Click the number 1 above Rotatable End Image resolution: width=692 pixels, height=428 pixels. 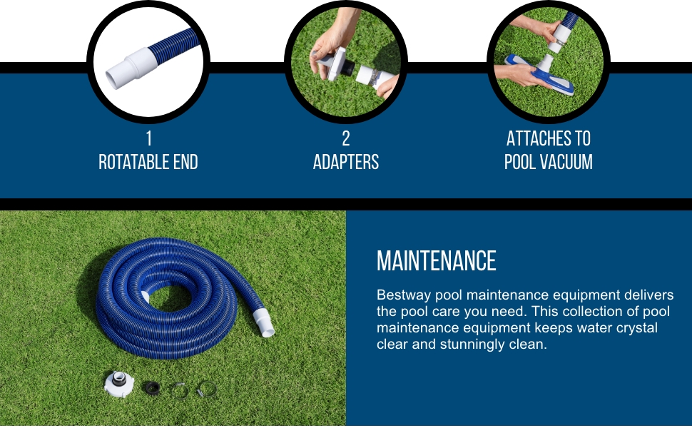point(148,138)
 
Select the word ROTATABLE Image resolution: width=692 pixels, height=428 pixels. point(128,162)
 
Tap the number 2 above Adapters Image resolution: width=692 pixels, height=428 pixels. point(346,138)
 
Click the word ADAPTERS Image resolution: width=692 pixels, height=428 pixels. point(346,162)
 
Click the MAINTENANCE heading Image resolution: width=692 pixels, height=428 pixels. point(436,261)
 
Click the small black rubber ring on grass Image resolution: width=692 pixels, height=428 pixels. point(151,387)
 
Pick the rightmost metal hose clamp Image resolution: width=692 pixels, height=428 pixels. point(206,389)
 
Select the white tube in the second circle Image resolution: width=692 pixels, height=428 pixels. point(371,75)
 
